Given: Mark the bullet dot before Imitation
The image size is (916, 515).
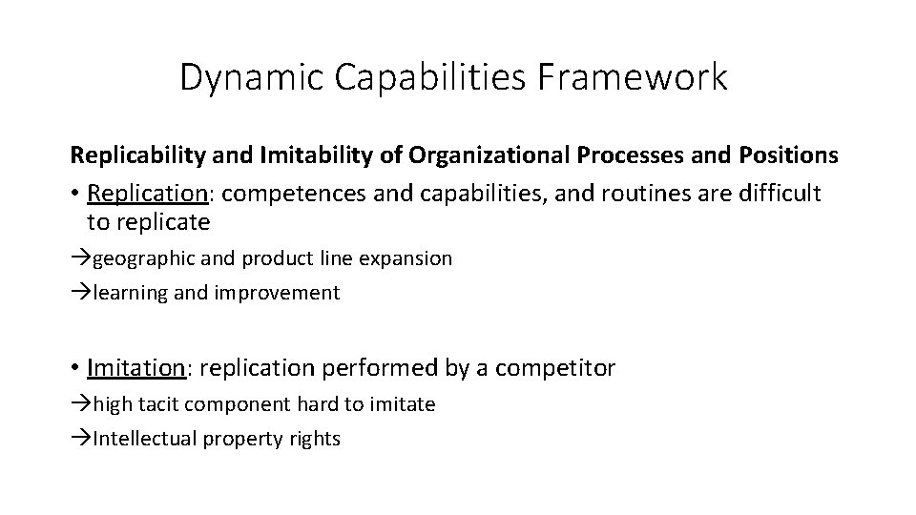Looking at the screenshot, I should pyautogui.click(x=74, y=368).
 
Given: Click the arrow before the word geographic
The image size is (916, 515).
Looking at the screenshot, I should pyautogui.click(x=81, y=258).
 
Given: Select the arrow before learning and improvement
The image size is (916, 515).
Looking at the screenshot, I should pyautogui.click(x=81, y=293).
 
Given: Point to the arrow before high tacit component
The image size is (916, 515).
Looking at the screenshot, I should pyautogui.click(x=81, y=404).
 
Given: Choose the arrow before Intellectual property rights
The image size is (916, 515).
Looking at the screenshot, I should pyautogui.click(x=81, y=439).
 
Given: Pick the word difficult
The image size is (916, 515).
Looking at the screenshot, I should pyautogui.click(x=779, y=194).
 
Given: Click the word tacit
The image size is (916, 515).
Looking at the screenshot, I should pyautogui.click(x=159, y=404).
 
